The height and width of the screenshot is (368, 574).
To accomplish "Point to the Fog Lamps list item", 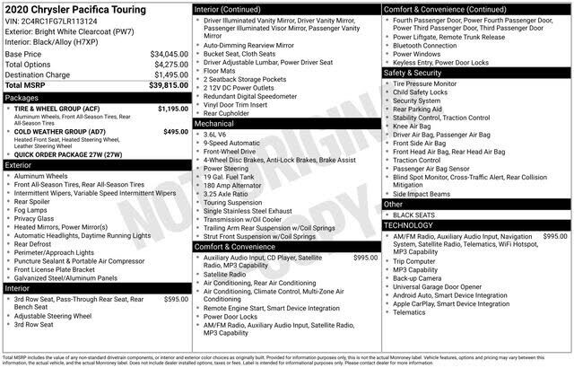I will pyautogui.click(x=34, y=209).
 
